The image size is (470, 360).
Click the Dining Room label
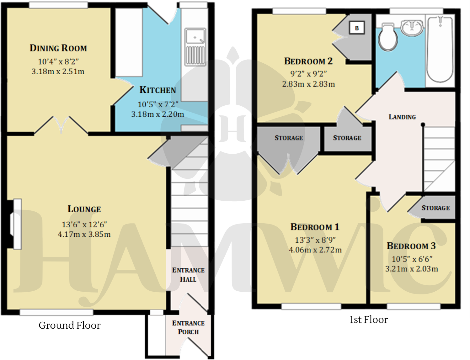pos(58,48)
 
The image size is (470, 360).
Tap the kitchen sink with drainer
pos(195,47)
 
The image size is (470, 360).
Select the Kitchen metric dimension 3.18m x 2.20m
pos(158,114)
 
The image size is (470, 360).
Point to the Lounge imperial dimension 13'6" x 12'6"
pos(84,224)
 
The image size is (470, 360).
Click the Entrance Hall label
pos(188,275)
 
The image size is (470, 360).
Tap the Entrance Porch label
pos(188,327)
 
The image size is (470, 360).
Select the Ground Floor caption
pos(69,325)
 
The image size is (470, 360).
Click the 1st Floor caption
pos(369,320)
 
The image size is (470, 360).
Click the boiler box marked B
pos(357,28)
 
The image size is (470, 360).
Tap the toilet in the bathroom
pos(388,37)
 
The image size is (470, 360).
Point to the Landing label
pos(402,117)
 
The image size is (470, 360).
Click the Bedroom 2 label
pos(308,61)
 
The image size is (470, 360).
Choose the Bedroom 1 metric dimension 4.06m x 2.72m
pos(315,250)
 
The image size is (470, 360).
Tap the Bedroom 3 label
pos(411,246)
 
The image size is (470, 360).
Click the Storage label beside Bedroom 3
pos(435,208)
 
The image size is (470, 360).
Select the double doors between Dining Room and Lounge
pos(61,125)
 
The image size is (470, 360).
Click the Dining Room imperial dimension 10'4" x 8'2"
pos(58,61)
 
